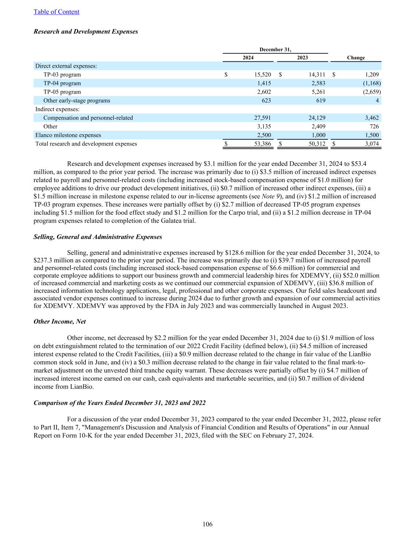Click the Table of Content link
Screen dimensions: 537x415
(56, 12)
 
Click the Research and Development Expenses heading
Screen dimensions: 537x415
(86, 31)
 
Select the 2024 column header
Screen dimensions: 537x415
(248, 58)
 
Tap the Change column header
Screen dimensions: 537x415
(356, 58)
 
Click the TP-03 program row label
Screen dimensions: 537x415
(62, 75)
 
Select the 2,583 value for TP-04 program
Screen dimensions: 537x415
(317, 83)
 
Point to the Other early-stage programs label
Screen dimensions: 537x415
(77, 101)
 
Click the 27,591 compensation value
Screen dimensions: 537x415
(261, 118)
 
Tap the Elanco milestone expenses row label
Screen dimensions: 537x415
(68, 135)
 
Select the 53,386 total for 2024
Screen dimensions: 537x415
(261, 144)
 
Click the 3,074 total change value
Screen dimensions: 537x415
(371, 144)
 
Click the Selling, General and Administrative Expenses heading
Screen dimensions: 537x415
(98, 237)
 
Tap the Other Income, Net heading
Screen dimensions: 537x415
(60, 322)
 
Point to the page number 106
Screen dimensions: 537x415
(207, 524)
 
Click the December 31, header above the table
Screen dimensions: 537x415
(275, 50)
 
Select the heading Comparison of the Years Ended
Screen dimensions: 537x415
(120, 403)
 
